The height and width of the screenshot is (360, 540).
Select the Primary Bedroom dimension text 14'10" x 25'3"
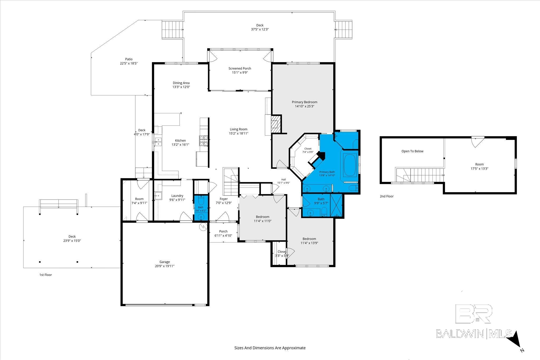coord(305,106)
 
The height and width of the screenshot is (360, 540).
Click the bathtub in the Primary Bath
coord(350,166)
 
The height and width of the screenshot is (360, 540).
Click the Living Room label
coord(238,129)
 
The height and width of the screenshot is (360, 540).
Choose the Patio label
coord(129,59)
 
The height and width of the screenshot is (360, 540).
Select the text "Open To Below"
coord(412,151)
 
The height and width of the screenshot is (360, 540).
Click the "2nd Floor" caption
coord(387,196)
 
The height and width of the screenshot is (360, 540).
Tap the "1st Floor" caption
coord(46,275)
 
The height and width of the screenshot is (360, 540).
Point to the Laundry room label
coord(177,196)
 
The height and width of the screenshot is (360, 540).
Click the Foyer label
coord(224,199)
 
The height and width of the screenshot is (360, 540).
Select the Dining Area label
coord(181,83)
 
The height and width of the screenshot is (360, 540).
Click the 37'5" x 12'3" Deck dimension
coord(260,30)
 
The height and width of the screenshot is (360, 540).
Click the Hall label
coord(283,179)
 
